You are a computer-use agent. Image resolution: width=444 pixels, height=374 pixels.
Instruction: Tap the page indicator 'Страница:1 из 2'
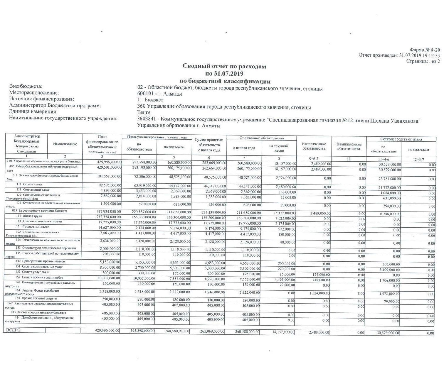423,61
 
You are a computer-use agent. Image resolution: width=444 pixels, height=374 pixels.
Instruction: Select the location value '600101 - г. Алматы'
159,94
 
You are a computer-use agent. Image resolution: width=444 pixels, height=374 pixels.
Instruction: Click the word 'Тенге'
144,112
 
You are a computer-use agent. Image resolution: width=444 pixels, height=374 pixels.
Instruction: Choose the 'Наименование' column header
65,144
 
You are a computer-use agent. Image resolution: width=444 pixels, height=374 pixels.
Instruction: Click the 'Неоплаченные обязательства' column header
314,146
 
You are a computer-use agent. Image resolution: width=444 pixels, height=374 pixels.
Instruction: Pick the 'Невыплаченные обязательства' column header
349,146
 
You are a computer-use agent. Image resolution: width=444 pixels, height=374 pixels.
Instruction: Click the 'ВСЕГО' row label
14,330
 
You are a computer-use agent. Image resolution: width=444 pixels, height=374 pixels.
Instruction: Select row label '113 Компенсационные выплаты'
39,221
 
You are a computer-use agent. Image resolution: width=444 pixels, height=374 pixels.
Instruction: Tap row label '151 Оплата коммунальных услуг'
39,267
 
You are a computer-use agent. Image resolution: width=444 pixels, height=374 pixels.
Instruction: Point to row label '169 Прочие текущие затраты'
38,298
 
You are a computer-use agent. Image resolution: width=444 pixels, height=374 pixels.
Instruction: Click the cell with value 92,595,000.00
109,185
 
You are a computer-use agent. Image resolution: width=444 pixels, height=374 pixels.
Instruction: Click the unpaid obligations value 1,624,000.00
320,293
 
